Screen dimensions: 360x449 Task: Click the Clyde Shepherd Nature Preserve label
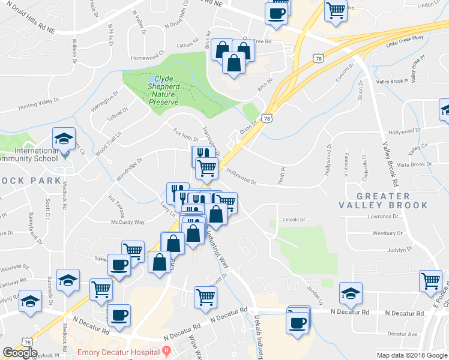click(x=164, y=91)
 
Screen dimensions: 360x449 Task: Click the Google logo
click(x=20, y=353)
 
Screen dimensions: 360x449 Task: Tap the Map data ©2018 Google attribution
click(x=411, y=355)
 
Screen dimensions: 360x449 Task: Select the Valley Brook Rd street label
click(x=391, y=164)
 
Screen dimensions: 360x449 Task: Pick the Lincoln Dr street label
click(x=294, y=220)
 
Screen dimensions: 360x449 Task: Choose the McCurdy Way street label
click(x=127, y=223)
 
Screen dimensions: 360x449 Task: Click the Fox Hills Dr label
click(x=185, y=134)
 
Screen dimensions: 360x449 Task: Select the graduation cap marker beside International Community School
click(x=64, y=139)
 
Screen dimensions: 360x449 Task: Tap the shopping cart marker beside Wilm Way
click(x=205, y=296)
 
